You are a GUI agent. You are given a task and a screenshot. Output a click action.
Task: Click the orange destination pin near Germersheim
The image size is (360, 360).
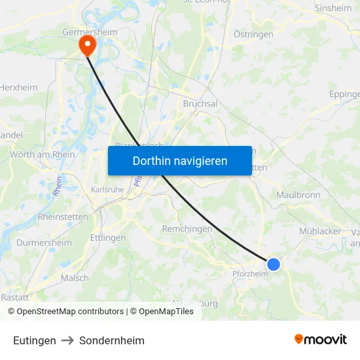(86, 44)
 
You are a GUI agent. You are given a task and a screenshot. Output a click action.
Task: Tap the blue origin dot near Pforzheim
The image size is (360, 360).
(274, 264)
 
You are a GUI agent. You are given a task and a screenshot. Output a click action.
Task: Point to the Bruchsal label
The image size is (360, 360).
(200, 103)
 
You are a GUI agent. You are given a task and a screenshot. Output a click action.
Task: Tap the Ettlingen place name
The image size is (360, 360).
(107, 238)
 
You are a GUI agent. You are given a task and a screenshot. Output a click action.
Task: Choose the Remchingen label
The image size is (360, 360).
(187, 228)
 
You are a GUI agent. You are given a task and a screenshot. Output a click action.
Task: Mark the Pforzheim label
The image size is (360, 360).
(250, 274)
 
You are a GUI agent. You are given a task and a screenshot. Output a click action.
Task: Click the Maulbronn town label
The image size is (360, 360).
(298, 195)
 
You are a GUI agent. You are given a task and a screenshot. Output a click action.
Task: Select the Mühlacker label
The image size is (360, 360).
(320, 231)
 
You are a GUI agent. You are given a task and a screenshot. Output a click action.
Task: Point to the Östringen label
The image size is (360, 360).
(253, 33)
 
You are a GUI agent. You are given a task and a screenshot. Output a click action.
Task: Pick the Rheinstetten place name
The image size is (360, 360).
(63, 217)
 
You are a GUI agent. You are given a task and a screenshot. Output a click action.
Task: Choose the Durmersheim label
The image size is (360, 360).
(45, 242)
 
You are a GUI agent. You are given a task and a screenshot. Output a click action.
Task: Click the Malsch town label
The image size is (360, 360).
(75, 278)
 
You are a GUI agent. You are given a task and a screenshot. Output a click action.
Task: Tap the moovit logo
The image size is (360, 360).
(320, 340)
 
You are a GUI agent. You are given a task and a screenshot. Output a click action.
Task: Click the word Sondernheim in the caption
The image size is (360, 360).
(112, 340)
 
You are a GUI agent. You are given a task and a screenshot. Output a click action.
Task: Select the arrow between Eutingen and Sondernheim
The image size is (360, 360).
(67, 340)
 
